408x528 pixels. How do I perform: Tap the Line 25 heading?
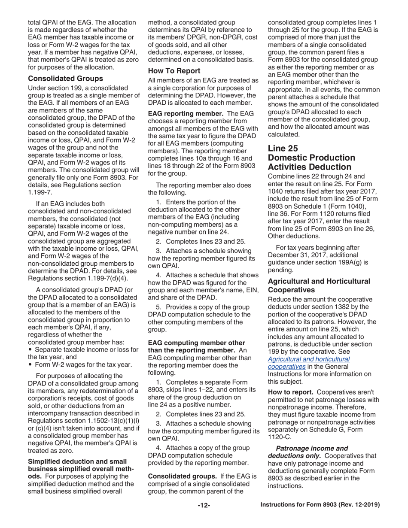tap(283, 149)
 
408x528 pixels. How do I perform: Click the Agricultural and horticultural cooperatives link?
tap(309, 363)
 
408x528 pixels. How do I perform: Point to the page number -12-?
tap(204, 505)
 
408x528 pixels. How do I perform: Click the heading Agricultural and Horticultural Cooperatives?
tap(319, 285)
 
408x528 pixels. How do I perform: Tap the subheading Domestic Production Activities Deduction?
tap(311, 162)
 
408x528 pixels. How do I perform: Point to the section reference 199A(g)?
tap(350, 262)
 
